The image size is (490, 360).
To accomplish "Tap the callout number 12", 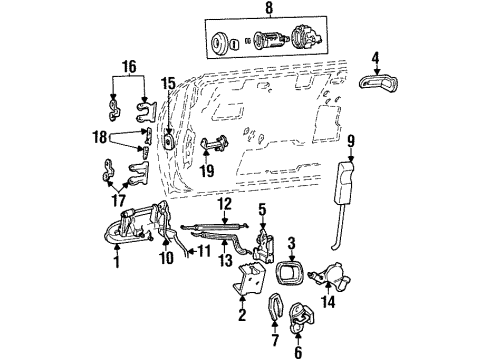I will (225, 204).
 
